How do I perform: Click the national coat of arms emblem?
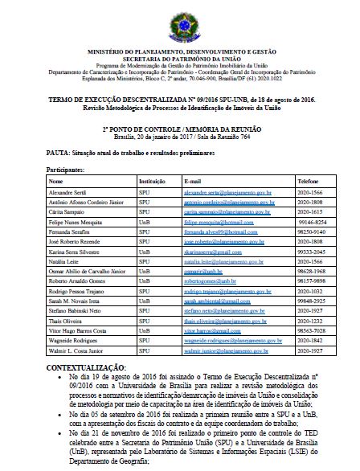click(179, 17)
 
